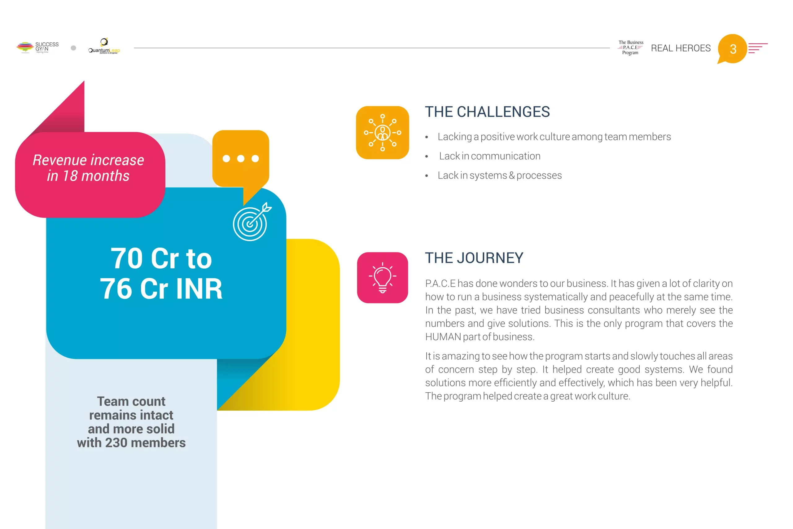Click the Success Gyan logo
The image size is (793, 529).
[x=37, y=47]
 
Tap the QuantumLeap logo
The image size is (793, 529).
[x=104, y=46]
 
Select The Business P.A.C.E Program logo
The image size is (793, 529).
[x=630, y=47]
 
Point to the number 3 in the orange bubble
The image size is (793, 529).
[x=733, y=49]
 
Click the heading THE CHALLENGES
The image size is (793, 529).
[x=487, y=112]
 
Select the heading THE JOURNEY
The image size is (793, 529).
[x=474, y=258]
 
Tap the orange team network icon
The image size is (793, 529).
[x=382, y=133]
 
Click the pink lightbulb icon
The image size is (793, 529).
[x=382, y=277]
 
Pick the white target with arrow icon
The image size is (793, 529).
[x=252, y=222]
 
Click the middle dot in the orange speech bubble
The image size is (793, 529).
[x=241, y=159]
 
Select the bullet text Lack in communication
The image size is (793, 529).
[x=489, y=156]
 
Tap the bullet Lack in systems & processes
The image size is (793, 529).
[x=500, y=175]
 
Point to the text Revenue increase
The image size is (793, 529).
[x=88, y=160]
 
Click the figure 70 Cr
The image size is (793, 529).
[x=144, y=258]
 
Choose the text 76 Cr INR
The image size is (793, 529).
[x=161, y=289]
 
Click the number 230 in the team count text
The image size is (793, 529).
[x=116, y=443]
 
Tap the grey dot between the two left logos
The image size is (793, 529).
[x=73, y=48]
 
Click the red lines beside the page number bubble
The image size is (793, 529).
[x=758, y=48]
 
